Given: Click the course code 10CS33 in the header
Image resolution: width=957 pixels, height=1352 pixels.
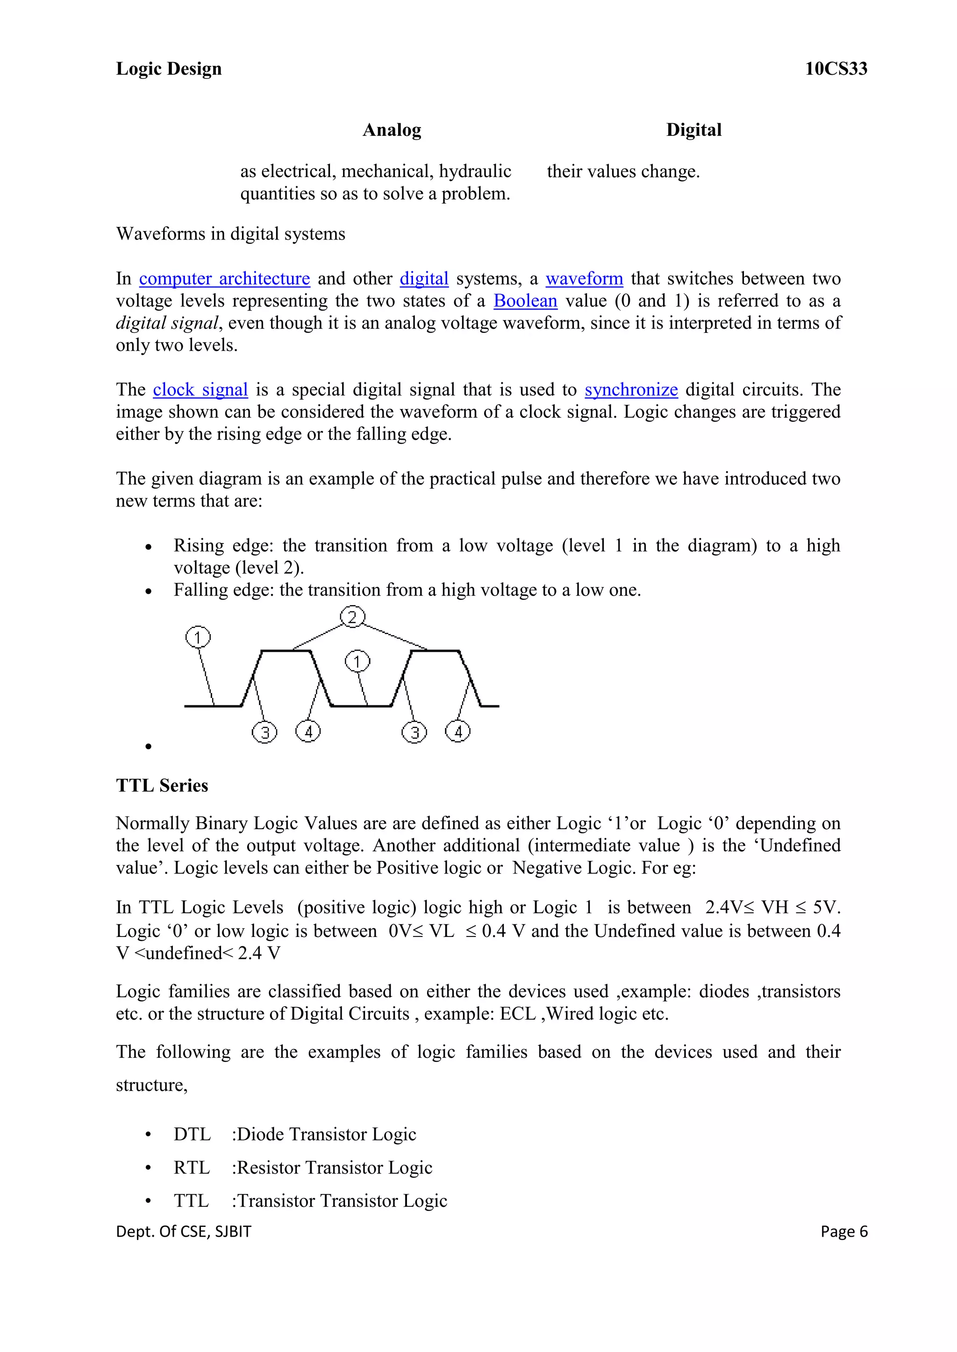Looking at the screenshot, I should point(836,69).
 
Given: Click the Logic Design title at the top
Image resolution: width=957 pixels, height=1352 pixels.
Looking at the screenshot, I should point(169,69).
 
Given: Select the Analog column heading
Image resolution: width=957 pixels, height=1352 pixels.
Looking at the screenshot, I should point(392,130).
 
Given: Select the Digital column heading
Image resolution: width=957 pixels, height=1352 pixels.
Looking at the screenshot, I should point(693,130).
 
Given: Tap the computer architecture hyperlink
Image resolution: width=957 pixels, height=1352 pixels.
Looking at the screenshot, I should point(224,279).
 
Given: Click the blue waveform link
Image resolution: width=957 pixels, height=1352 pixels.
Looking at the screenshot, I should point(584,279).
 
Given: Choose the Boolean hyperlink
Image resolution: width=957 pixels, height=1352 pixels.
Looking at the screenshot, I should point(525,301).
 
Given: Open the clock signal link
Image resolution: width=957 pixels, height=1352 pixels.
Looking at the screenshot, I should point(200,390).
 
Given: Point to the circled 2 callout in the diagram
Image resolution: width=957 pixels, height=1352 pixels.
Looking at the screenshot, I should point(352,617).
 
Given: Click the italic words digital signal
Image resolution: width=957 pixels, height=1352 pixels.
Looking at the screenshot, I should point(167,323).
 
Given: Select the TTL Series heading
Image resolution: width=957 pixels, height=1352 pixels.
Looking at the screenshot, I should point(162,786).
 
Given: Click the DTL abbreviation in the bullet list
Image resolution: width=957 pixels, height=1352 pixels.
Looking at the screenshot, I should point(192,1134).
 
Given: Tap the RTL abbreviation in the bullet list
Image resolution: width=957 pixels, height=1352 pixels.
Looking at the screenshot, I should point(192,1168).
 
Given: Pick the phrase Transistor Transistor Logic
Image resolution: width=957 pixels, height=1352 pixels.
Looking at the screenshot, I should point(342,1201).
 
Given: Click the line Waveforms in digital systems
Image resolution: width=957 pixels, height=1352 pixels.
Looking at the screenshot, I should point(230,234).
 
